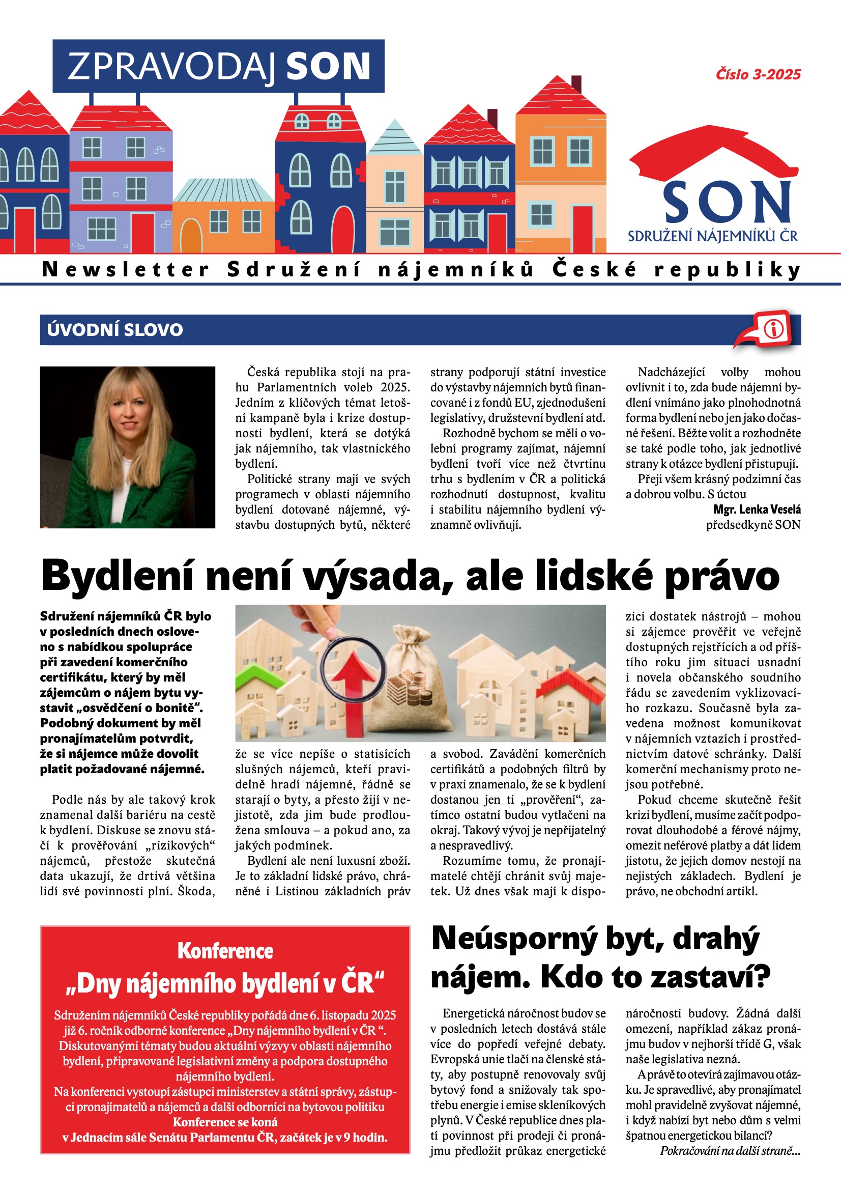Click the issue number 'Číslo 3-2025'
(758, 75)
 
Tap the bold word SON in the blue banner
(328, 66)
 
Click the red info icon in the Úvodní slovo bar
(773, 329)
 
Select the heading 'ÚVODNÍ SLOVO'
(114, 330)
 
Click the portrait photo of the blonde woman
(128, 447)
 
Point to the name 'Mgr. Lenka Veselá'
(757, 509)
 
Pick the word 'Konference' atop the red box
(225, 950)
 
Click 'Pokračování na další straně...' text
(730, 1150)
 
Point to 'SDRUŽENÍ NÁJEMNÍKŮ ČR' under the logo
(712, 236)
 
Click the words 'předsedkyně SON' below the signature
(753, 525)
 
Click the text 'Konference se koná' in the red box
(225, 1122)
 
